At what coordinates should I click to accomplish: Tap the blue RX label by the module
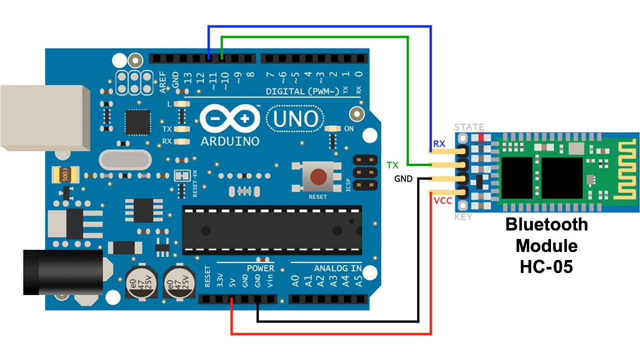[x=439, y=144]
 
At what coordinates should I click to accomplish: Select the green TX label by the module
[x=392, y=165]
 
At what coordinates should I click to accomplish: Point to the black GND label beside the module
[x=403, y=178]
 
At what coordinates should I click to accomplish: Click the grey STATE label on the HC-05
[x=469, y=127]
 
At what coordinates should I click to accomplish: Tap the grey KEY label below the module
[x=463, y=217]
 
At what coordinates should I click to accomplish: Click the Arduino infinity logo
[x=230, y=119]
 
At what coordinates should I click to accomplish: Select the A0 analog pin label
[x=295, y=281]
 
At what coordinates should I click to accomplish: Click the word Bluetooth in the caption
[x=546, y=224]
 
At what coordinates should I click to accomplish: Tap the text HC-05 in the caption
[x=546, y=267]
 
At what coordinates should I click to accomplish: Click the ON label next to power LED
[x=349, y=129]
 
